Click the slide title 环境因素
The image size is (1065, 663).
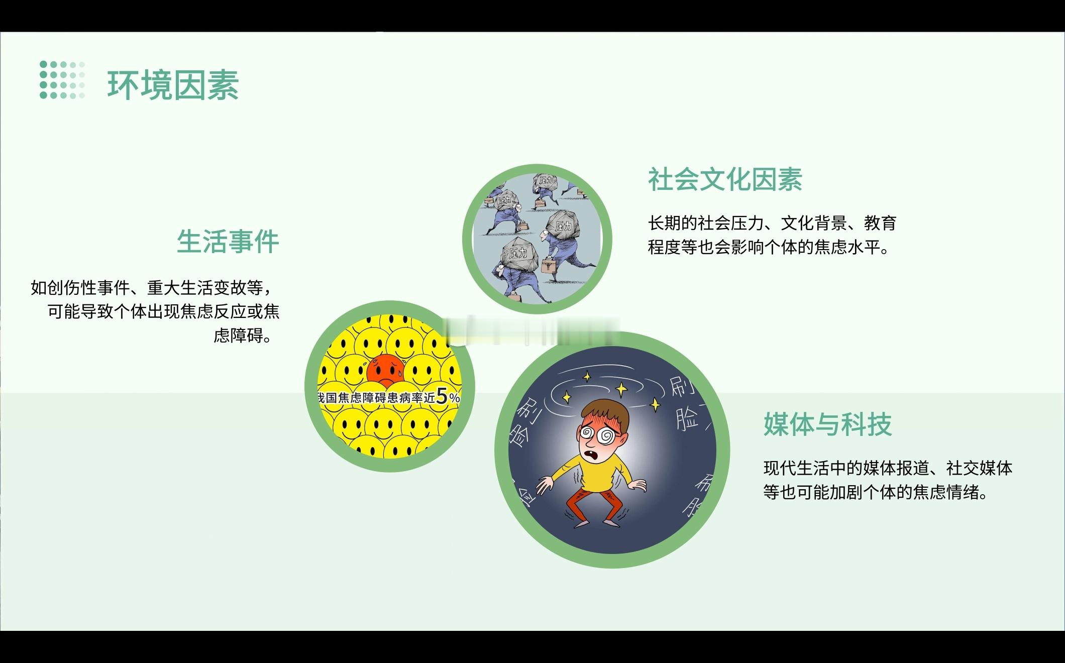tap(173, 85)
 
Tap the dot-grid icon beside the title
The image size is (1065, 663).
tap(62, 80)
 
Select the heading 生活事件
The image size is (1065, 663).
tap(228, 242)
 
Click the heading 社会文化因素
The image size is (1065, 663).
tap(725, 179)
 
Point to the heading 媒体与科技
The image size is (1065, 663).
tap(827, 424)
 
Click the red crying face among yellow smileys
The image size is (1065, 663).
tap(385, 373)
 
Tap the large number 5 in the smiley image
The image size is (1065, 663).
tap(442, 396)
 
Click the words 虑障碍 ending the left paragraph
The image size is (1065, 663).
tap(238, 336)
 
